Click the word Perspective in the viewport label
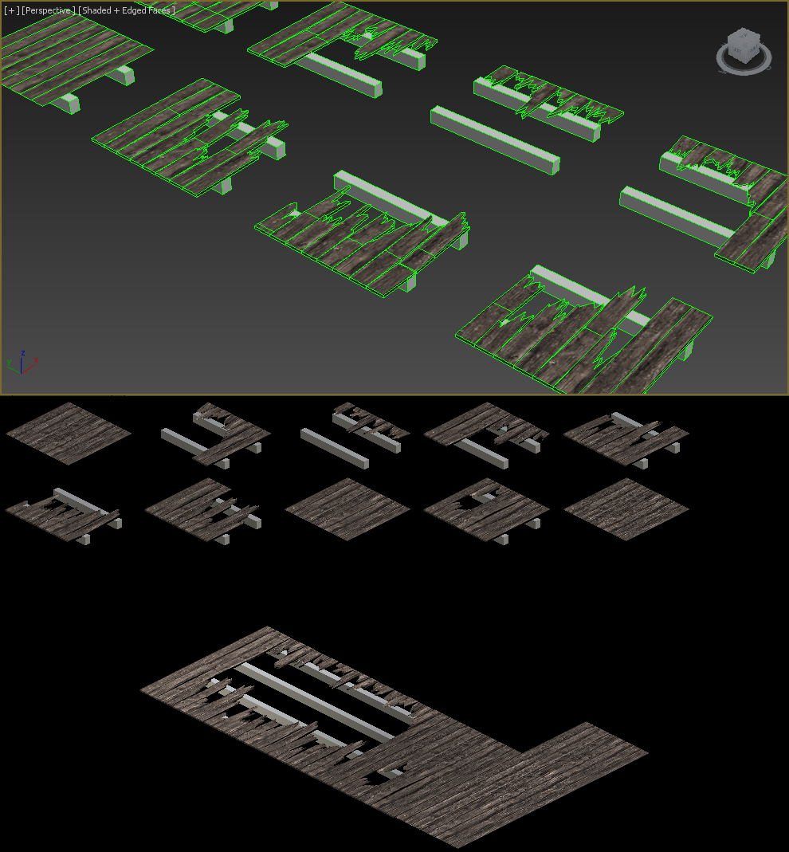(x=49, y=10)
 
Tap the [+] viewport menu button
(x=11, y=10)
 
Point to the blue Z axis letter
(x=23, y=353)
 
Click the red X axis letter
(x=37, y=360)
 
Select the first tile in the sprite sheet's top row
(x=69, y=434)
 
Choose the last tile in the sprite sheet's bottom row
(x=626, y=509)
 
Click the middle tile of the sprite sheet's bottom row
(x=347, y=509)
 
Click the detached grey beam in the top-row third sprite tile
(x=335, y=448)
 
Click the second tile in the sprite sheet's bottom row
(x=203, y=511)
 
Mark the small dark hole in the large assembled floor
(x=380, y=777)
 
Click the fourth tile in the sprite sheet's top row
(x=486, y=434)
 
